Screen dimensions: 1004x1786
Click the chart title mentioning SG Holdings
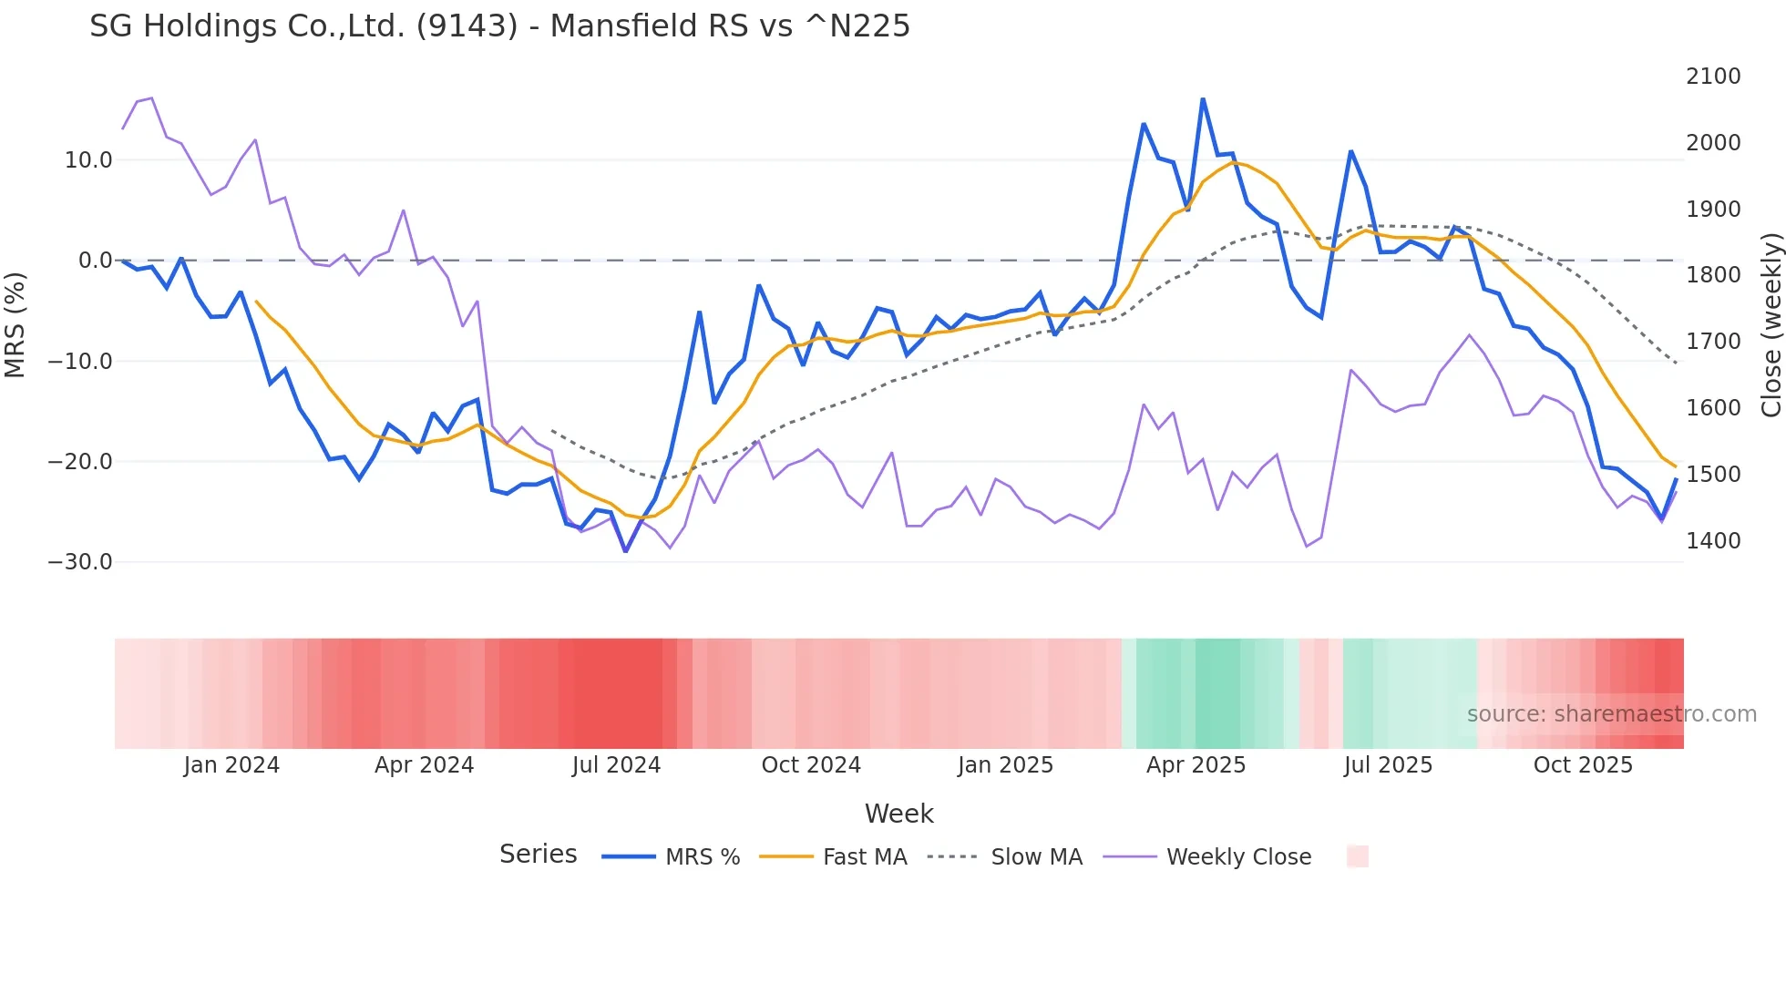499,26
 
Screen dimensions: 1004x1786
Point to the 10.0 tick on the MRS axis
88,160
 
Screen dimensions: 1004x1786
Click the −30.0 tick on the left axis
80,562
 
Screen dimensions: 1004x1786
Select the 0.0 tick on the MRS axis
96,261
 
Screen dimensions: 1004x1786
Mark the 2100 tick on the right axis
1713,77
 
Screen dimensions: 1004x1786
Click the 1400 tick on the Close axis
1713,541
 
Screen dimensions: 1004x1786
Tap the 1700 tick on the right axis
1713,342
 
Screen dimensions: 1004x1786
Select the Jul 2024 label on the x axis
616,765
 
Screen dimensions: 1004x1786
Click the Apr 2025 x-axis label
1196,765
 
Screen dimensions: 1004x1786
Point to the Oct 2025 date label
1583,765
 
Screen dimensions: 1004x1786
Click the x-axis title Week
898,814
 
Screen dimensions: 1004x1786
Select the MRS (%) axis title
15,324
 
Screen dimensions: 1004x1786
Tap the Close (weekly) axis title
1771,324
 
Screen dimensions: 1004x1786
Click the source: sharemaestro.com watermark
1611,714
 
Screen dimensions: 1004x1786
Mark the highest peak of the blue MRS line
1203,98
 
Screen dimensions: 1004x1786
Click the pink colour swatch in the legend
1358,856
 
